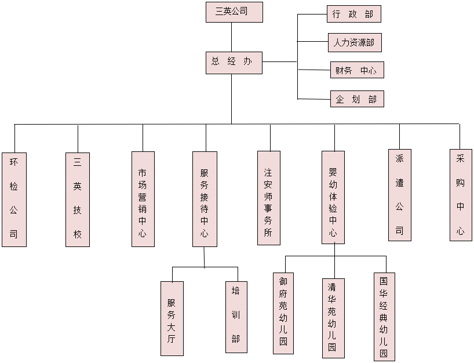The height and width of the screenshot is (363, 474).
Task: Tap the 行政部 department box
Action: [x=353, y=14]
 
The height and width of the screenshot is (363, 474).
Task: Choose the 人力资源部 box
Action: [x=355, y=42]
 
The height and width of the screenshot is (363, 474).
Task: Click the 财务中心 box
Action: [x=356, y=70]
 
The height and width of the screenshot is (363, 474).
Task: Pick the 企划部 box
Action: [x=356, y=99]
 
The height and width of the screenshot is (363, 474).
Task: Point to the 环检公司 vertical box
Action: [x=14, y=199]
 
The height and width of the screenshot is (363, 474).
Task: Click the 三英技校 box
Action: [x=78, y=199]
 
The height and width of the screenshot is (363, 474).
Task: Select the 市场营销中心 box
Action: [x=143, y=199]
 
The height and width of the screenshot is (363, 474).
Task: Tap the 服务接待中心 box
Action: [x=205, y=199]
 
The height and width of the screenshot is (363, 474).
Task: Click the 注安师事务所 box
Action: [x=268, y=198]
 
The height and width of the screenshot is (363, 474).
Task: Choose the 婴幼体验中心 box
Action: [x=333, y=197]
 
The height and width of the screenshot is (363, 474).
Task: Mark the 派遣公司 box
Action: [x=399, y=195]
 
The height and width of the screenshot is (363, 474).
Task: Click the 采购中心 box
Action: [x=461, y=195]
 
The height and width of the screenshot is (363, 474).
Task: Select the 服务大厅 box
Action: [x=172, y=318]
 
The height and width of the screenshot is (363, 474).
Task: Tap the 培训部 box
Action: [x=236, y=317]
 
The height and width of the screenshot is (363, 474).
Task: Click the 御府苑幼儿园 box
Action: [x=283, y=313]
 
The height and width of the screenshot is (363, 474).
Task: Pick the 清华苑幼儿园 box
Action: [x=333, y=318]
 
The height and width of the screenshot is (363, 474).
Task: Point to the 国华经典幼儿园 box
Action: [x=384, y=317]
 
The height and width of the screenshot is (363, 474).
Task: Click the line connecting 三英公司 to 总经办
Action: [x=231, y=37]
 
